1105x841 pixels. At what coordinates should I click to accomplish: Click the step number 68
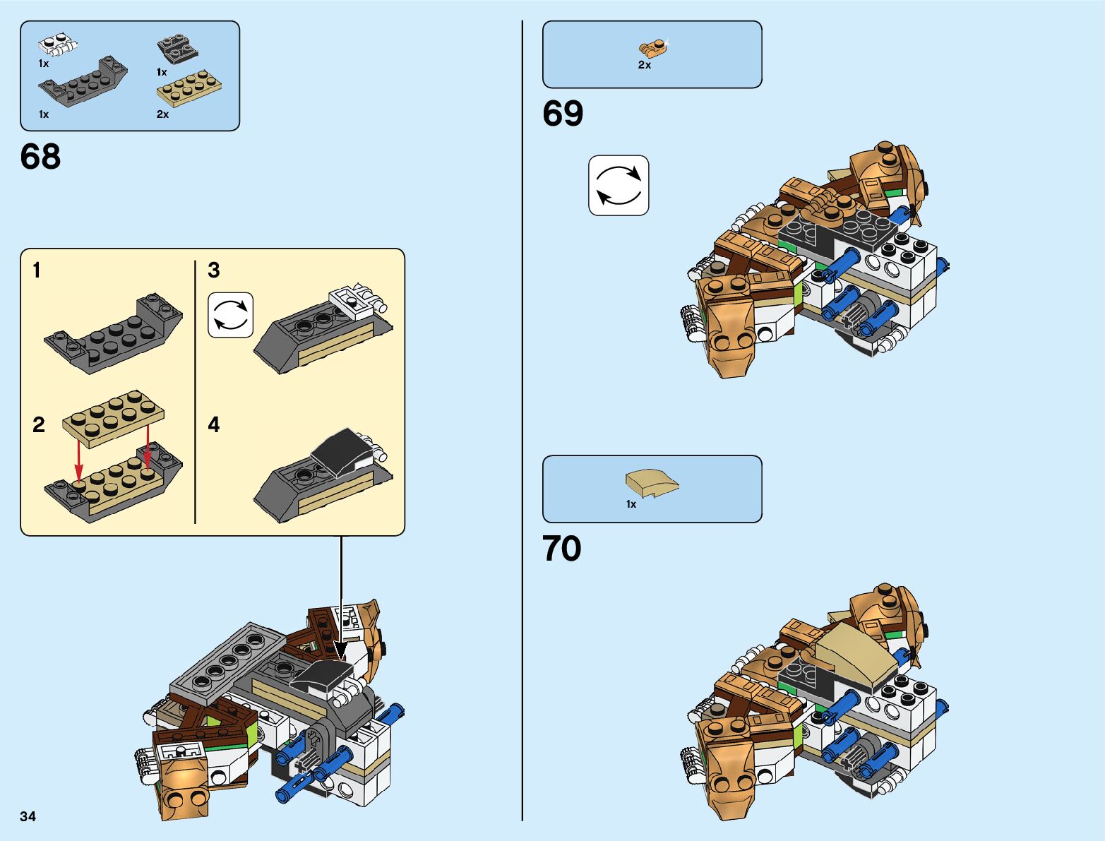point(40,157)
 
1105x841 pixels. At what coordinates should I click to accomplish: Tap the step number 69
point(563,114)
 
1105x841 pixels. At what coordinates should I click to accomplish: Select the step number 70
point(562,549)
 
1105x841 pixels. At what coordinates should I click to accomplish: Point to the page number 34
point(28,816)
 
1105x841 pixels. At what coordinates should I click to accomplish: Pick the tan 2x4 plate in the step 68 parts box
point(189,90)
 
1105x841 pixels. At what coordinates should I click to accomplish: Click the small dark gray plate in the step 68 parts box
point(177,50)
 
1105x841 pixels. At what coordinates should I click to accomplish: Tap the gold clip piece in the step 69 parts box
point(653,48)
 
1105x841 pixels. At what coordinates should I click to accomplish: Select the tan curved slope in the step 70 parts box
point(651,483)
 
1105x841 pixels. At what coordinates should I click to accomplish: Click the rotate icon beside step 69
point(619,186)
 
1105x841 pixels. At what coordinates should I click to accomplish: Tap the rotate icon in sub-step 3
point(230,315)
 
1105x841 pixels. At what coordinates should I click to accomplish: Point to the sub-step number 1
point(37,270)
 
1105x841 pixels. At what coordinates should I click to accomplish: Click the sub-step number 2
point(39,424)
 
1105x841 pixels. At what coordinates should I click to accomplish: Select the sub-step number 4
point(214,424)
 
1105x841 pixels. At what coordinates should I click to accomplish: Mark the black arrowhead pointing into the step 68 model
point(341,651)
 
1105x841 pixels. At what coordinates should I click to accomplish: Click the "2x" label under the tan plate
point(162,114)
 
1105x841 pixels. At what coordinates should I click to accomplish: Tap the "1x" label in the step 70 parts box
point(631,504)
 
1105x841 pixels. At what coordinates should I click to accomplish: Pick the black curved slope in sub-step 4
point(342,451)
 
